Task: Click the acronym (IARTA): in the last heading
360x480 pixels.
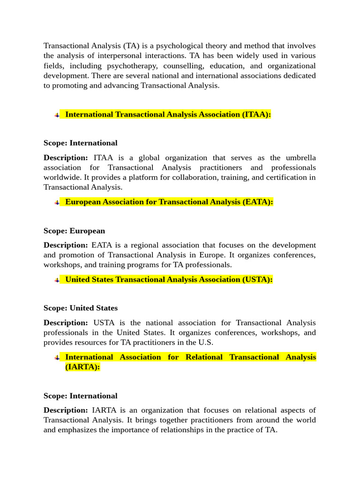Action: click(x=82, y=367)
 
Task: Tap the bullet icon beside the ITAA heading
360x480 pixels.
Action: click(x=57, y=115)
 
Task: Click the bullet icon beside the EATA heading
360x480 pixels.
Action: click(x=57, y=202)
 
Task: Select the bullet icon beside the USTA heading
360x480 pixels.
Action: click(x=57, y=280)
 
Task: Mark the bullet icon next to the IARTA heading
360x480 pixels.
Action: click(x=57, y=358)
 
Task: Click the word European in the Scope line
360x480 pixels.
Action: click(x=87, y=231)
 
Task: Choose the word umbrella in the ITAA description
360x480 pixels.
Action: click(x=300, y=157)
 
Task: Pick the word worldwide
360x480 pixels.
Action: click(x=63, y=177)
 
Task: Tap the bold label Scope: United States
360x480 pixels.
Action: click(x=81, y=308)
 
